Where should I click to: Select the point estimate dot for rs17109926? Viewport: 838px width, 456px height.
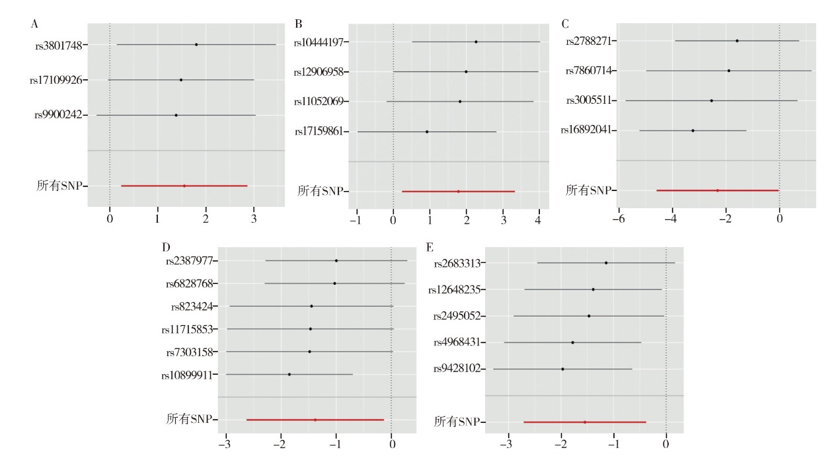(x=181, y=80)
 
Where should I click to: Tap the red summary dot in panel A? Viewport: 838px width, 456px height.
(x=184, y=186)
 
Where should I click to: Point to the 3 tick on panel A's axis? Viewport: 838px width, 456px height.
(x=254, y=217)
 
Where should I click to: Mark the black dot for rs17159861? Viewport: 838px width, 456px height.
(x=427, y=132)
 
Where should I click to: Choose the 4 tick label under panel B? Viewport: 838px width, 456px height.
(x=539, y=218)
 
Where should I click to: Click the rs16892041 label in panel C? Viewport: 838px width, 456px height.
(x=590, y=131)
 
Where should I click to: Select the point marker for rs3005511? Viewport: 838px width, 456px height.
(x=711, y=100)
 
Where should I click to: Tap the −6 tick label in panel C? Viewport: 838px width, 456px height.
(x=619, y=218)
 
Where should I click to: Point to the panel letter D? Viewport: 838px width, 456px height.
(x=166, y=247)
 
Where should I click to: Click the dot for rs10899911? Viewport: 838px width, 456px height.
(x=289, y=375)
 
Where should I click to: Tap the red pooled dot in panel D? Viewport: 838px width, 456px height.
(x=315, y=420)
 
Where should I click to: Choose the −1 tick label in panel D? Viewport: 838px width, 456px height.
(x=336, y=444)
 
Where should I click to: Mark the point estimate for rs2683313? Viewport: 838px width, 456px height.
(x=606, y=263)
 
